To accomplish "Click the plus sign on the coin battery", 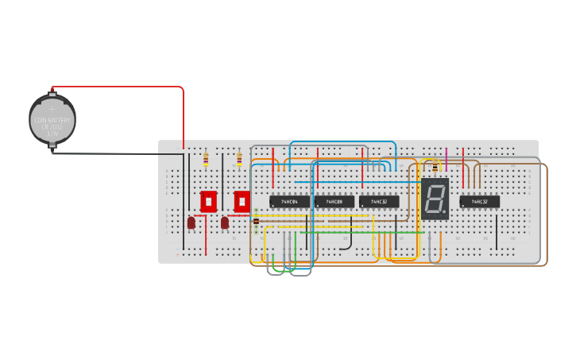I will point(52,103).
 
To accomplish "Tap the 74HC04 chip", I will point(289,202).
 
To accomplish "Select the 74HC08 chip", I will point(334,202).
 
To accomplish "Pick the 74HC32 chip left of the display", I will point(379,202).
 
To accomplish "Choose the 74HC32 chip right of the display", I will point(479,202).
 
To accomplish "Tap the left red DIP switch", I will point(208,200).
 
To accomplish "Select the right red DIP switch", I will point(242,200).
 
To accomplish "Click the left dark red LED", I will point(191,223).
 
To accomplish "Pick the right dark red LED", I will point(225,223).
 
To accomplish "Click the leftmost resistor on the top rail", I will point(207,160).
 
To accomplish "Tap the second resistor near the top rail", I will point(239,160).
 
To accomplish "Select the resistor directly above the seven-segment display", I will point(435,167).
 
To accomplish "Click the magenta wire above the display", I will point(446,158).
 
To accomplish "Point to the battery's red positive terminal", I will point(52,89).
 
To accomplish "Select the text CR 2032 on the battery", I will point(52,127).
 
